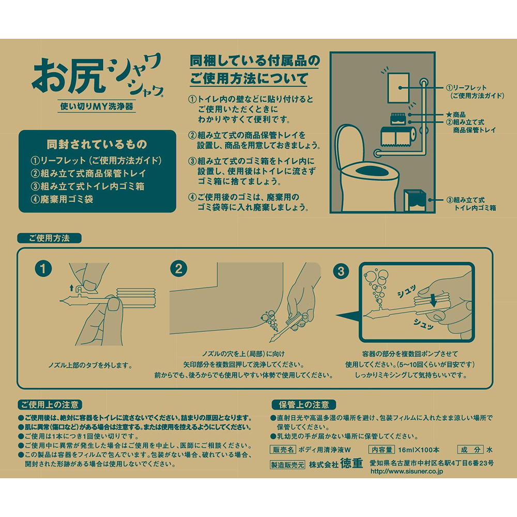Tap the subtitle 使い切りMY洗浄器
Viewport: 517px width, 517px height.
(x=97, y=106)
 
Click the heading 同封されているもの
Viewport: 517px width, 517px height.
(x=97, y=144)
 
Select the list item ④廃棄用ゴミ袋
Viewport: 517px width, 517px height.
(x=62, y=199)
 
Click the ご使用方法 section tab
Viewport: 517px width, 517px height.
(x=49, y=238)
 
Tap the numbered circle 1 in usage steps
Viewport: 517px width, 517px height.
(x=43, y=269)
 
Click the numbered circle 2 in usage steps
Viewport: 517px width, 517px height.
(x=179, y=269)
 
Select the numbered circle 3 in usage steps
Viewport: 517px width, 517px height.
(x=341, y=271)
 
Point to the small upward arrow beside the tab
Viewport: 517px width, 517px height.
(x=71, y=288)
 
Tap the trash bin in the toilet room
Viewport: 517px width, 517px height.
(x=415, y=201)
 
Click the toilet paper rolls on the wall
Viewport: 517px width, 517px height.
(x=398, y=136)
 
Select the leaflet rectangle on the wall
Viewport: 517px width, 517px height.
(x=398, y=88)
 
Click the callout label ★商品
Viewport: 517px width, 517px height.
(x=455, y=114)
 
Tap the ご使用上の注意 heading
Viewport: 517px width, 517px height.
(x=50, y=405)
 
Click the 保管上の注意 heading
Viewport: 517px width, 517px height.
(x=303, y=405)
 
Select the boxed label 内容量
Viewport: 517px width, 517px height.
(x=382, y=449)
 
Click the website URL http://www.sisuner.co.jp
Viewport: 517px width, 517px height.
(x=406, y=471)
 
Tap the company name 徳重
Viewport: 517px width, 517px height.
(x=352, y=463)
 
